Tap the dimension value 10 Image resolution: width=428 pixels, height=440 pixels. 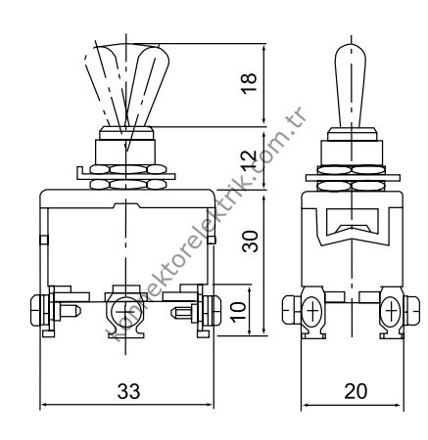pos(237,310)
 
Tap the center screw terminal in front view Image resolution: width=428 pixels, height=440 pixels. pos(123,312)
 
